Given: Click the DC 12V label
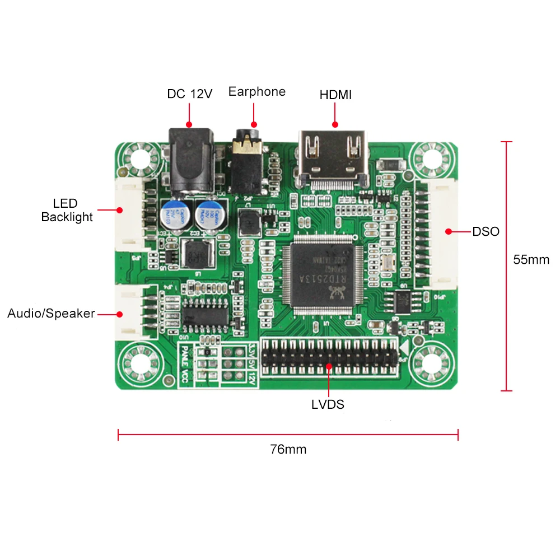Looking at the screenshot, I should pyautogui.click(x=190, y=94).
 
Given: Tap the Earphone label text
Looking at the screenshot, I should pyautogui.click(x=256, y=91).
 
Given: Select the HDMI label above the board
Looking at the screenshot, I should pyautogui.click(x=335, y=95).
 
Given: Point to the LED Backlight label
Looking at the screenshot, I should pyautogui.click(x=67, y=210).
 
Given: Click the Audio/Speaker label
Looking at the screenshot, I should pyautogui.click(x=51, y=313).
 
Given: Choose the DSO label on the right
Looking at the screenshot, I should pyautogui.click(x=486, y=231).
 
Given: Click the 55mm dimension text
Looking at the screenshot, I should pyautogui.click(x=531, y=260).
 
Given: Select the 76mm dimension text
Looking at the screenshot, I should pyautogui.click(x=288, y=449).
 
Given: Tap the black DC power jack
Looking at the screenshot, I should pyautogui.click(x=190, y=160).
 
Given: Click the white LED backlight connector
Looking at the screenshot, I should pyautogui.click(x=130, y=216).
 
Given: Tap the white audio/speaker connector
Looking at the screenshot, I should pyautogui.click(x=130, y=312).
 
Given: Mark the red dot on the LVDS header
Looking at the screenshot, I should pyautogui.click(x=329, y=366).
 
